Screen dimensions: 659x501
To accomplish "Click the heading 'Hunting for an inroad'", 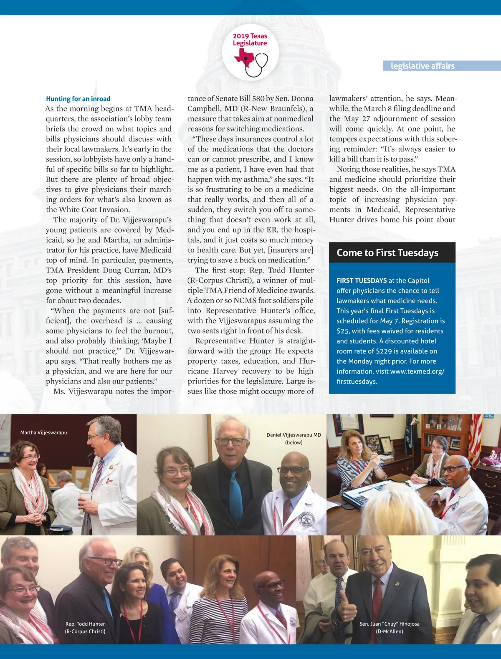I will (x=78, y=99).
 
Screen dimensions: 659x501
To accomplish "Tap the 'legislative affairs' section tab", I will (x=423, y=66).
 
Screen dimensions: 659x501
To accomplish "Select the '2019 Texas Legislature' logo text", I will (x=250, y=40).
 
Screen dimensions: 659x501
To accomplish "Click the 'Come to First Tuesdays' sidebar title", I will (x=387, y=253).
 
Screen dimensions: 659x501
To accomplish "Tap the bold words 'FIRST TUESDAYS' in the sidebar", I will (x=362, y=280).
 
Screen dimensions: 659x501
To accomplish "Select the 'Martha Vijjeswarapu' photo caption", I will (x=43, y=432).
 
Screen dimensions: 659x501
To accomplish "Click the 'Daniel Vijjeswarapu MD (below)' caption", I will (x=294, y=438).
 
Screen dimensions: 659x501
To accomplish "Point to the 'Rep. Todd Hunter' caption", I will (x=85, y=627).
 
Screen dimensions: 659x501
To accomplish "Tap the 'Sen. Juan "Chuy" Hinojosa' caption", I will (x=389, y=627).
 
